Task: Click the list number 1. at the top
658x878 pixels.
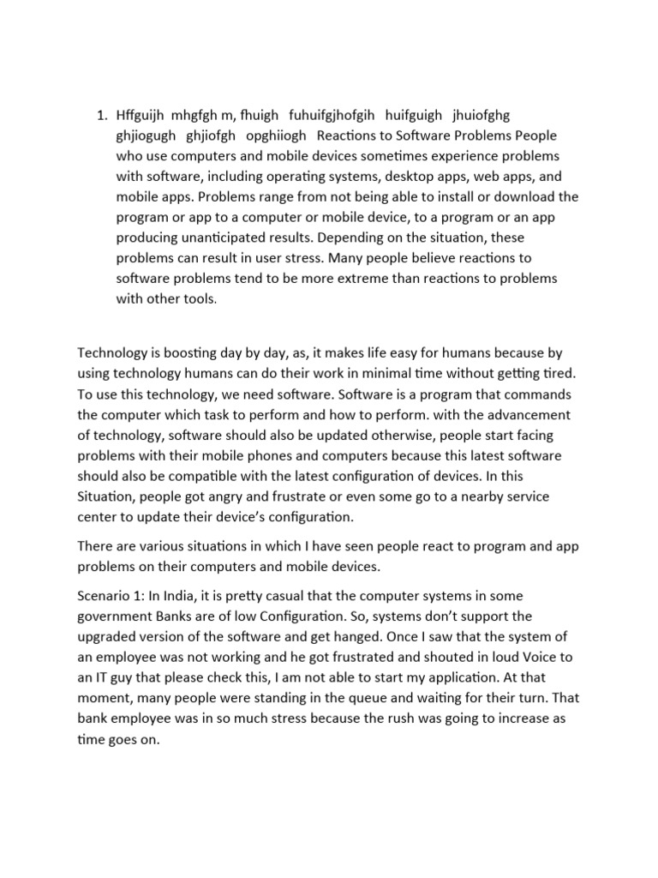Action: tap(101, 116)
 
